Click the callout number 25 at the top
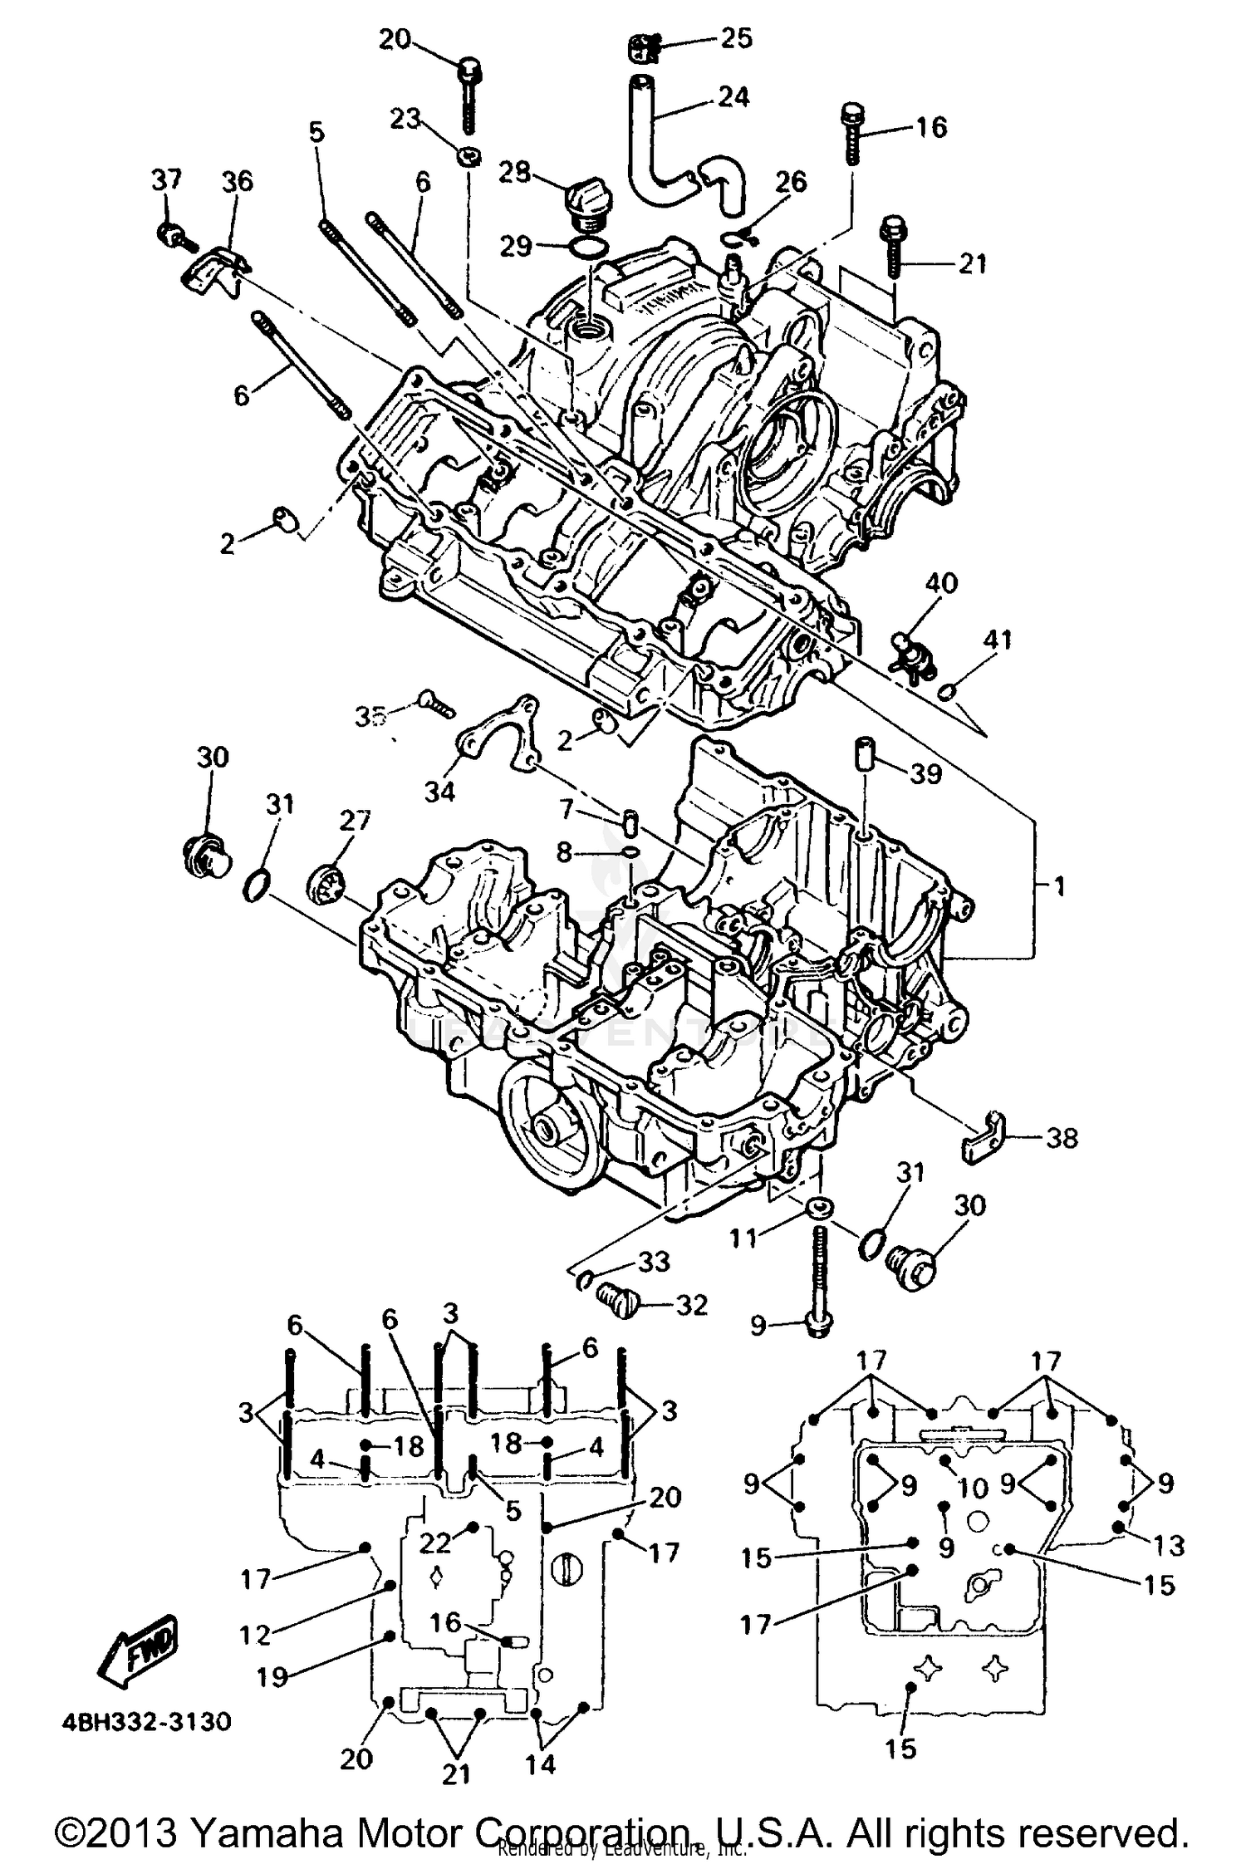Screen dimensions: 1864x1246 pos(735,39)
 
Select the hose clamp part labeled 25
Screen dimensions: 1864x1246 pos(644,48)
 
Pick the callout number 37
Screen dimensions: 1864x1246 pos(165,179)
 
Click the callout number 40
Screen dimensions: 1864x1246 pos(940,583)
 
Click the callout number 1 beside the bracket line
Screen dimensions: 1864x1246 pos(1059,886)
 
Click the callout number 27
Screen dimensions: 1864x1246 pos(355,821)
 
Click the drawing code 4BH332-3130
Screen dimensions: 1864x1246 pos(146,1720)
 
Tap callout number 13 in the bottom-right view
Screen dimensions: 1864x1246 pos(1168,1546)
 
